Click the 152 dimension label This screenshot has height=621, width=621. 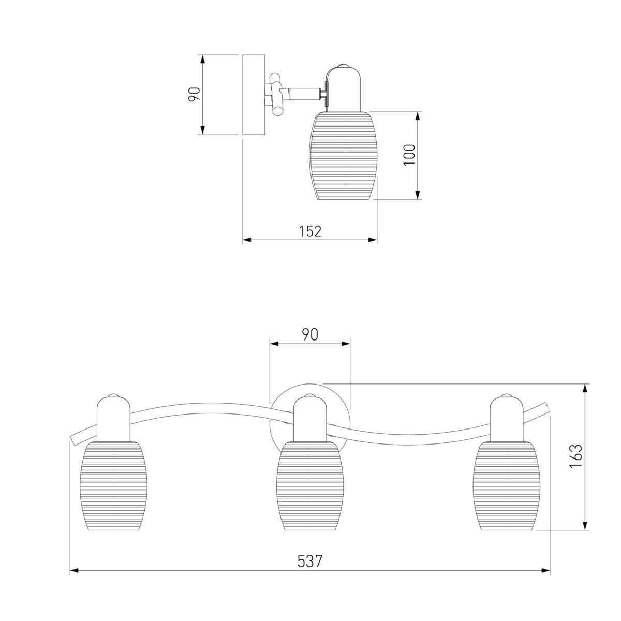pyautogui.click(x=310, y=231)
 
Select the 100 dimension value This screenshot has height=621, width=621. pyautogui.click(x=409, y=155)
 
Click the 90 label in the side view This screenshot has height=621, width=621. pyautogui.click(x=195, y=94)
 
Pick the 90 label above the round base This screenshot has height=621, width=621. pyautogui.click(x=310, y=335)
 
